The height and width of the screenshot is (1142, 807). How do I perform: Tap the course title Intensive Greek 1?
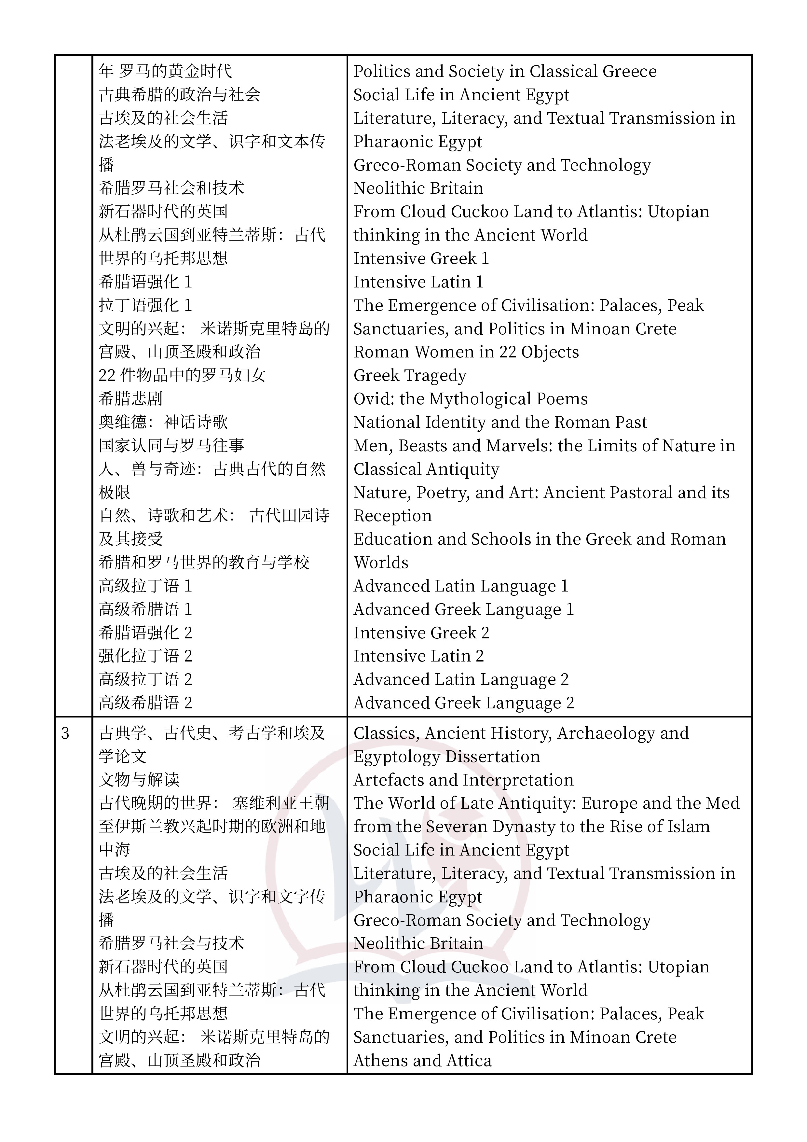pos(421,258)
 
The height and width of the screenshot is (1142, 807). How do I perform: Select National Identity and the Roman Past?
pos(500,422)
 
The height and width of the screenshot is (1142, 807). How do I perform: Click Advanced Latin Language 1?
pos(460,586)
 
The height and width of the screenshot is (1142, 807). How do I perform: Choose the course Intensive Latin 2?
pos(418,656)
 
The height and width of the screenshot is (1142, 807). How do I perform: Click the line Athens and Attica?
pos(422,1060)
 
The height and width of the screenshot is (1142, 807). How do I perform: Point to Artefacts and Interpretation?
pos(463,780)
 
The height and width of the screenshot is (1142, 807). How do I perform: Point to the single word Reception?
pos(392,516)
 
